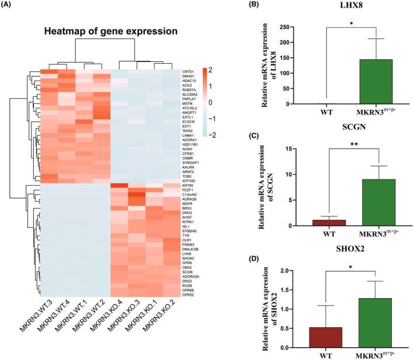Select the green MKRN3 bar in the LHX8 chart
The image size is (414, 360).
tap(377, 82)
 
